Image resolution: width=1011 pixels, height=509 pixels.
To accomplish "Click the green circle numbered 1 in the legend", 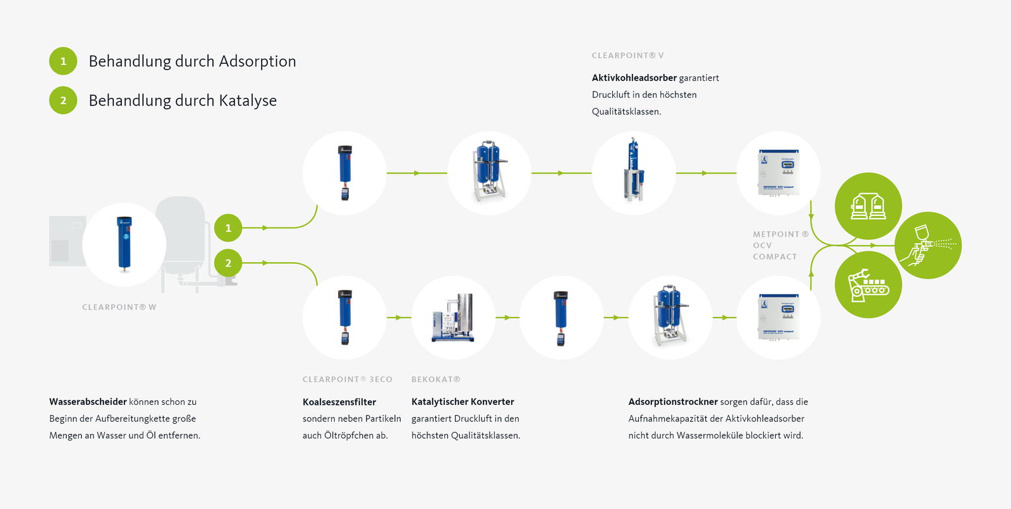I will click(63, 61).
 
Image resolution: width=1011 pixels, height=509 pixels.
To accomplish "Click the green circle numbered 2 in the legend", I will click(63, 100).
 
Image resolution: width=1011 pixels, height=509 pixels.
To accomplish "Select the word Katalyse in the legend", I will click(248, 100).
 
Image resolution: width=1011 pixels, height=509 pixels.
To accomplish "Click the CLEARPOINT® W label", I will click(119, 307).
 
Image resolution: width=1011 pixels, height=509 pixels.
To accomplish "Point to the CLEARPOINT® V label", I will click(627, 56).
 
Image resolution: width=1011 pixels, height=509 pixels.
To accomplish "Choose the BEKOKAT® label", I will click(435, 380).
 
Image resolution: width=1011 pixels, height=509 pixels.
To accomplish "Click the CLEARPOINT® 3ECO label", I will click(348, 380).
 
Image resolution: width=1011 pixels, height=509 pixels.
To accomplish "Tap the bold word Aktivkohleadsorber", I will click(634, 78).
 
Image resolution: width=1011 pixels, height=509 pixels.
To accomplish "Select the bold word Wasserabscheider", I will click(88, 402).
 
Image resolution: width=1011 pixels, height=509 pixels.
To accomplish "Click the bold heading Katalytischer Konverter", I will click(463, 402).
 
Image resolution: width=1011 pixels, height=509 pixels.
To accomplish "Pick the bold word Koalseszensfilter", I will click(339, 402).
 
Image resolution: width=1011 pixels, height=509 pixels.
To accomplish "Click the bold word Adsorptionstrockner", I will click(673, 402).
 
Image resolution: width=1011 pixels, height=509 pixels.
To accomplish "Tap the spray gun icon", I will click(928, 245).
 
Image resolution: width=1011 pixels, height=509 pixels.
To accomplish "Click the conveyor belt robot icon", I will click(868, 285).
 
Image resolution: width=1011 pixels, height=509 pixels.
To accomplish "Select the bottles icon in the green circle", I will click(868, 206).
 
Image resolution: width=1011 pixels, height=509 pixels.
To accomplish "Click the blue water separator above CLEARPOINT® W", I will click(124, 244).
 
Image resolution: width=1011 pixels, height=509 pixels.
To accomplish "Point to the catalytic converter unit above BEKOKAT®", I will click(453, 318).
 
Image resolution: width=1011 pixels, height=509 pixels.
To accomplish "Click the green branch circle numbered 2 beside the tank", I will click(228, 263).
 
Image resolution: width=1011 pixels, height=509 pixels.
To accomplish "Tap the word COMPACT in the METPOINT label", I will click(775, 257).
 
